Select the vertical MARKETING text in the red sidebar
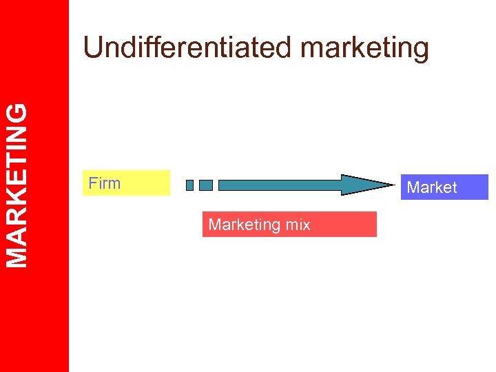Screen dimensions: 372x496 click(x=18, y=185)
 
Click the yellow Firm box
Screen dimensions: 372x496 click(x=126, y=183)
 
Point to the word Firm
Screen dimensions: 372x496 click(x=105, y=183)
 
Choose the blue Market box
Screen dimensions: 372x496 click(x=444, y=187)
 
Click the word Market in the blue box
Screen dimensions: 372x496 click(x=432, y=187)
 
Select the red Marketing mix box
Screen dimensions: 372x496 click(x=289, y=224)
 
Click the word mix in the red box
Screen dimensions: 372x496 click(x=298, y=225)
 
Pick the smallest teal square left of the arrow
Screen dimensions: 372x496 click(x=190, y=185)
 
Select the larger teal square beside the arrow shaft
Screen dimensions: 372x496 click(x=206, y=185)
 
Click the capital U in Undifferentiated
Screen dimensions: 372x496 click(x=92, y=48)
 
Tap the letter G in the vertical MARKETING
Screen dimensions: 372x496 click(x=18, y=112)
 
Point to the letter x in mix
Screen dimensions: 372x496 click(x=306, y=225)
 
